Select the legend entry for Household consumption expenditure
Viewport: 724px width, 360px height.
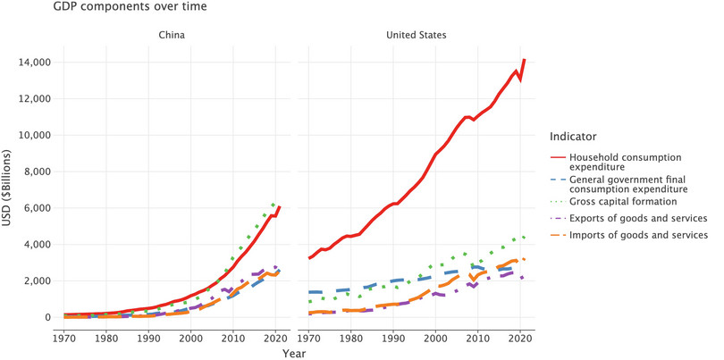633,163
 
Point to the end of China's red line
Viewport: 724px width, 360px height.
280,206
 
